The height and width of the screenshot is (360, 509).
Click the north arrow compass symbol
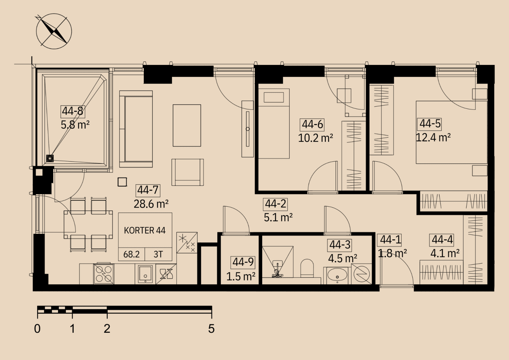[54, 31]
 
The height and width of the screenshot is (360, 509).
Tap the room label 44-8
[73, 111]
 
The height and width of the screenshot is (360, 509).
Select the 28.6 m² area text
[151, 204]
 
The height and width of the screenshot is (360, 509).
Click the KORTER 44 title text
[145, 230]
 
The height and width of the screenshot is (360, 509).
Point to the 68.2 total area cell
[131, 254]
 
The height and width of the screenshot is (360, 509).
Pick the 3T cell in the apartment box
[158, 254]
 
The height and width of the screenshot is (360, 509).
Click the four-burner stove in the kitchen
[104, 274]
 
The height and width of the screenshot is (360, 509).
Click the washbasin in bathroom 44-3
[337, 275]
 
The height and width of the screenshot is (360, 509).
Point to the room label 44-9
[243, 262]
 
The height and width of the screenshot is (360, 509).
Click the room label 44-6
[312, 125]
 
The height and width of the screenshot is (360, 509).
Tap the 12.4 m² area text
[433, 137]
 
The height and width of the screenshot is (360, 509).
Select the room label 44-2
[275, 204]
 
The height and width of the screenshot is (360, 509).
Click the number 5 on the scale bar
[211, 329]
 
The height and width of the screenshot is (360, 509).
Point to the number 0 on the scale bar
[37, 329]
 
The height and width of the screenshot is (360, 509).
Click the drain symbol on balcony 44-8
[50, 158]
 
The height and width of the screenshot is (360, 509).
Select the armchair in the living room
[188, 172]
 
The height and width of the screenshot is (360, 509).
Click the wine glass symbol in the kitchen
[166, 274]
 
